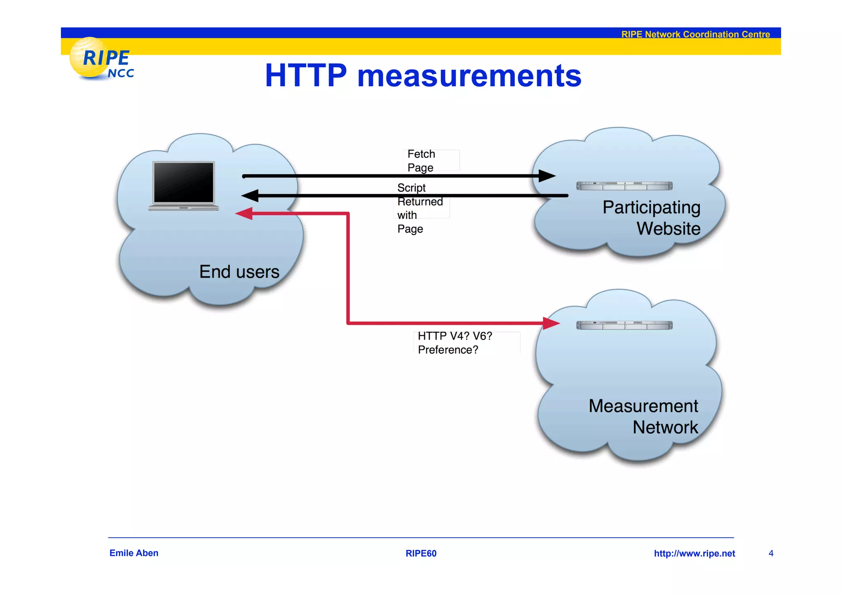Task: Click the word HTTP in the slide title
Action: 306,76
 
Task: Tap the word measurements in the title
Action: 469,76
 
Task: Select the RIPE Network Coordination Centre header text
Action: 695,34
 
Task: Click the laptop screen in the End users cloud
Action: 184,182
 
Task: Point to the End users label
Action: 239,272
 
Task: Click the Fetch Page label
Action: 421,161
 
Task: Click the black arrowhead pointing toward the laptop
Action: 250,196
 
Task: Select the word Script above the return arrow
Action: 411,188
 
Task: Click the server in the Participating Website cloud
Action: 624,186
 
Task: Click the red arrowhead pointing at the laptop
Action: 244,213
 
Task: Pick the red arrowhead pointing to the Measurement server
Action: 551,323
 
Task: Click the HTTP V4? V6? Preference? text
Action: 454,343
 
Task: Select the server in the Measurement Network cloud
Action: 624,325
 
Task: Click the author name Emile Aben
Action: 134,553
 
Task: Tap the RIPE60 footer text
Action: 421,553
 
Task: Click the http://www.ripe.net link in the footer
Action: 694,553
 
